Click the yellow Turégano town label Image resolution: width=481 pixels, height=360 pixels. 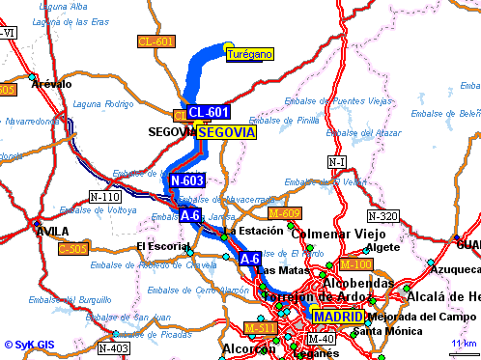249,55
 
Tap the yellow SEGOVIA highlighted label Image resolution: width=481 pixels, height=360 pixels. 226,132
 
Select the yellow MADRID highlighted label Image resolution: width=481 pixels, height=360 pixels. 338,317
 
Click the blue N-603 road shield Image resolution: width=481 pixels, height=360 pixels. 186,180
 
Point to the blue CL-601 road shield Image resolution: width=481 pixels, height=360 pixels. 209,113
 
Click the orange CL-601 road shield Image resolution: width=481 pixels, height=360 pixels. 156,42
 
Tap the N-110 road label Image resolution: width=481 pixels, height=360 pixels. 104,197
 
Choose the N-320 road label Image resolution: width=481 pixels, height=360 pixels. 383,216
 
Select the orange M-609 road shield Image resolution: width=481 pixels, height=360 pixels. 285,213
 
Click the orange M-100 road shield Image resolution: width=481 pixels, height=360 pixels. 356,264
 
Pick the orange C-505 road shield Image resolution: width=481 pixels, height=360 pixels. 73,249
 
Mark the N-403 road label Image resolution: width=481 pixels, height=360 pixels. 114,347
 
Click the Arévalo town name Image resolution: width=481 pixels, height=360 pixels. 51,84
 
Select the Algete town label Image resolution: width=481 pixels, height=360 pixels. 383,247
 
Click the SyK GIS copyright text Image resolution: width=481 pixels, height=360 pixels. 29,344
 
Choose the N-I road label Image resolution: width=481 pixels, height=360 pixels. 337,161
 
